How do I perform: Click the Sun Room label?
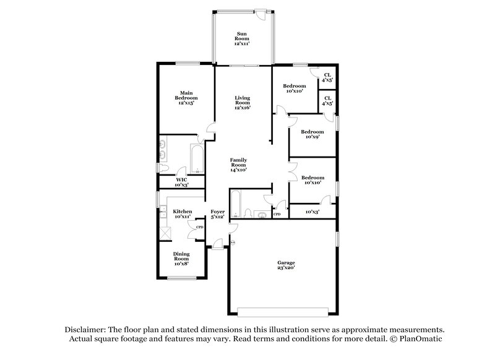pyautogui.click(x=242, y=38)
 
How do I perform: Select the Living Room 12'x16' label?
pyautogui.click(x=242, y=103)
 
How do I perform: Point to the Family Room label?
pyautogui.click(x=239, y=165)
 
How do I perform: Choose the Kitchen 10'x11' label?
pyautogui.click(x=182, y=213)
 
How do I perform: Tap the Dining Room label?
pyautogui.click(x=181, y=259)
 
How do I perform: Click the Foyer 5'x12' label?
pyautogui.click(x=217, y=215)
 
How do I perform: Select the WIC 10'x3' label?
pyautogui.click(x=182, y=182)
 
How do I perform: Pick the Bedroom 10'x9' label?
pyautogui.click(x=312, y=134)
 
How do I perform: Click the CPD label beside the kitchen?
pyautogui.click(x=199, y=227)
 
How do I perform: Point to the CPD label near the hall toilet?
pyautogui.click(x=277, y=214)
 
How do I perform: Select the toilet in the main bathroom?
pyautogui.click(x=163, y=169)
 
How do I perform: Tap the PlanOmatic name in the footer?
pyautogui.click(x=421, y=340)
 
